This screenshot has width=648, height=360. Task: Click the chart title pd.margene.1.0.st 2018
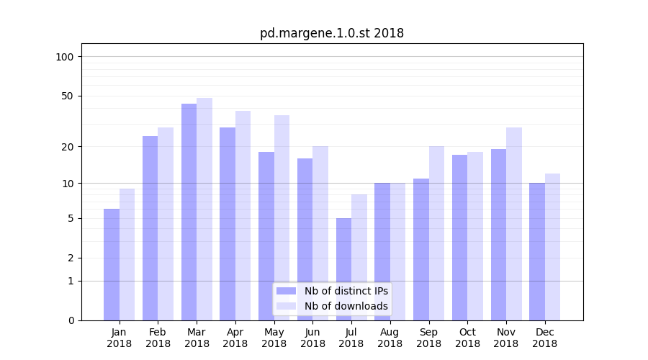tap(332, 33)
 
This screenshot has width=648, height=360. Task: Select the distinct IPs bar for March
tap(189, 212)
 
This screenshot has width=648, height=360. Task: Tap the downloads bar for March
tap(204, 209)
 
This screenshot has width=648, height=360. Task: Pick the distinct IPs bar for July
tap(343, 269)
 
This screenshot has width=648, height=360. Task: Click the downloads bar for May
tap(282, 217)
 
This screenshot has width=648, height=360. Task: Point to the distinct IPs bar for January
tap(112, 264)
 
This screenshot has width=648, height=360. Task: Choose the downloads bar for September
tap(436, 233)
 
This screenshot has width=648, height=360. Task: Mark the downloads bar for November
tap(514, 223)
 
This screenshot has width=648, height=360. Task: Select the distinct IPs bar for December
tap(537, 251)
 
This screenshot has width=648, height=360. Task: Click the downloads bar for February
tap(166, 223)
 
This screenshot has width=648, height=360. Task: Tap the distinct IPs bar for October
tap(459, 237)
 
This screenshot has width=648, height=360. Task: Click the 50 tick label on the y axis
tap(68, 96)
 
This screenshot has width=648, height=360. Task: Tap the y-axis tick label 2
tap(71, 258)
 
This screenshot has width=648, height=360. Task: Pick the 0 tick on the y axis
tap(71, 320)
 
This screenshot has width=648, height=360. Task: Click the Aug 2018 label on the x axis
tap(390, 338)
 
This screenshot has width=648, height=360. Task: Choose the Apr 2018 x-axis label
tap(235, 338)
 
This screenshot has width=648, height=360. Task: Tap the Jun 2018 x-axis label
tap(312, 338)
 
